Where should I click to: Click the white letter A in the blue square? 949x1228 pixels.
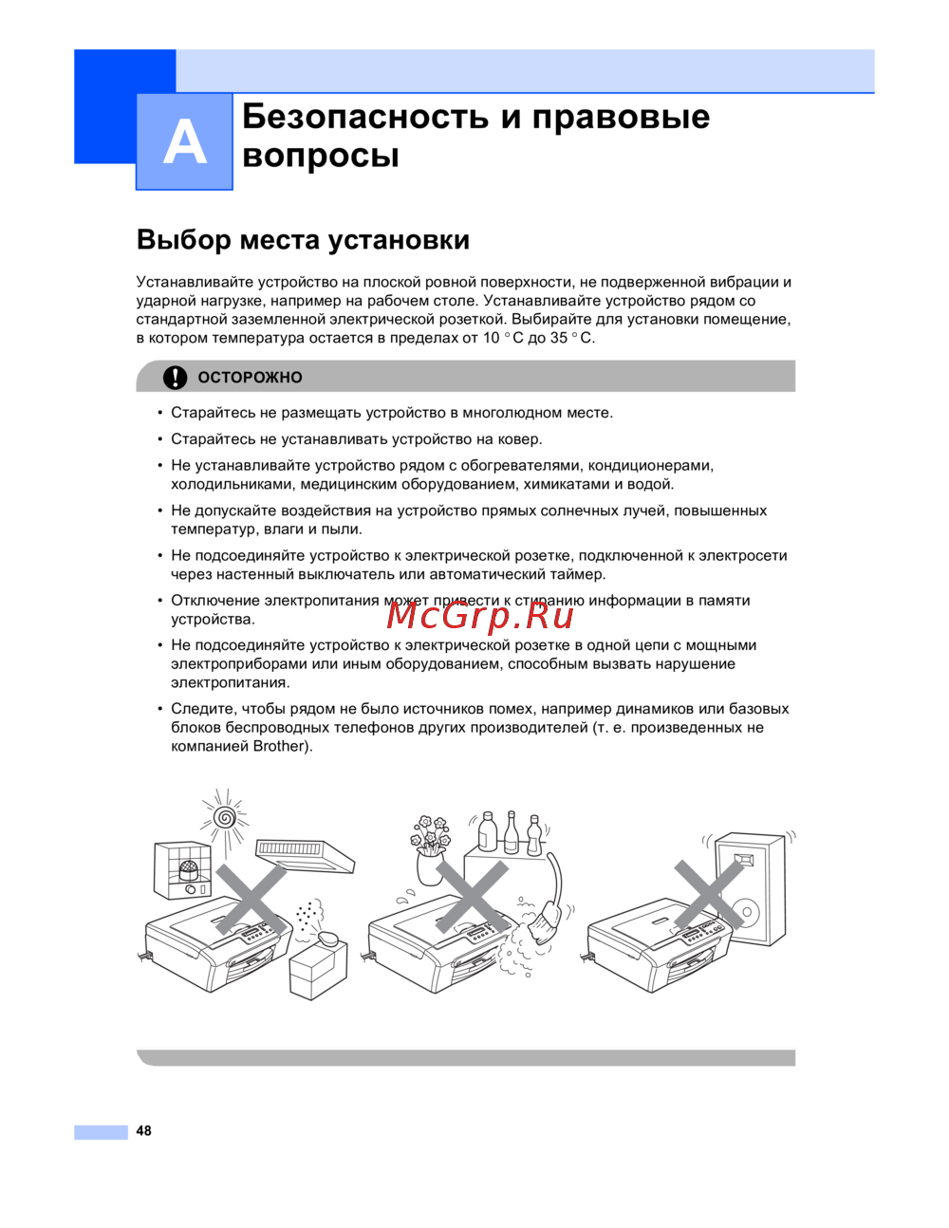click(184, 142)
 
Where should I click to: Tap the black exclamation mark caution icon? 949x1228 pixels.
click(175, 377)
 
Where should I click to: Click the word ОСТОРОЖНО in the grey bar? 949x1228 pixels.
click(250, 378)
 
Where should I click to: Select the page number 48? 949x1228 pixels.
click(143, 1130)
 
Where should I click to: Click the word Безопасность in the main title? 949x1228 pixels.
click(364, 116)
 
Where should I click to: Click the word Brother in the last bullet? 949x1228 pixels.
click(280, 746)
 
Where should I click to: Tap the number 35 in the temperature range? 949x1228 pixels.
click(559, 338)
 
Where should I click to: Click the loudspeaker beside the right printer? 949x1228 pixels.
click(750, 888)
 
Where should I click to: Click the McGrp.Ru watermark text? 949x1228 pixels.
click(480, 616)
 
